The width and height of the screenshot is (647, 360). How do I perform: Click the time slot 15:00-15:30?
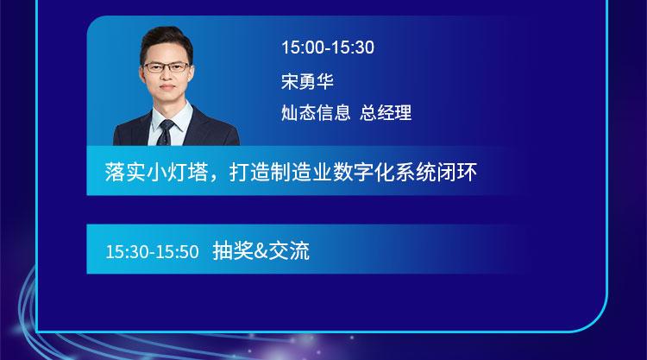(x=328, y=47)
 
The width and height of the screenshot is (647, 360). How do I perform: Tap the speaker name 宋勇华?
(x=307, y=81)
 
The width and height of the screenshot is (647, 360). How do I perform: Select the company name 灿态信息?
(x=316, y=112)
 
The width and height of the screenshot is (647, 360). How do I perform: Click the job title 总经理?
(x=386, y=112)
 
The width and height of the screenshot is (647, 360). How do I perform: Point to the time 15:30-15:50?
(x=152, y=251)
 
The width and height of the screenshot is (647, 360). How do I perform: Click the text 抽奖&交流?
(x=261, y=250)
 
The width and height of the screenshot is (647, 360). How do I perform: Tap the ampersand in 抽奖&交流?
(x=261, y=251)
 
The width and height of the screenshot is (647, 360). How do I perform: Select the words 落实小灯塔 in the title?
(x=156, y=172)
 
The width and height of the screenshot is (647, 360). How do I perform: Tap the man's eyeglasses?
(x=166, y=67)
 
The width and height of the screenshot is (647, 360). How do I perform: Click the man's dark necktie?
(x=166, y=132)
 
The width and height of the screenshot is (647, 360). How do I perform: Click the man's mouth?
(x=167, y=87)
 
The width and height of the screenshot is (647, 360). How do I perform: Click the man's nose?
(x=166, y=76)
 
